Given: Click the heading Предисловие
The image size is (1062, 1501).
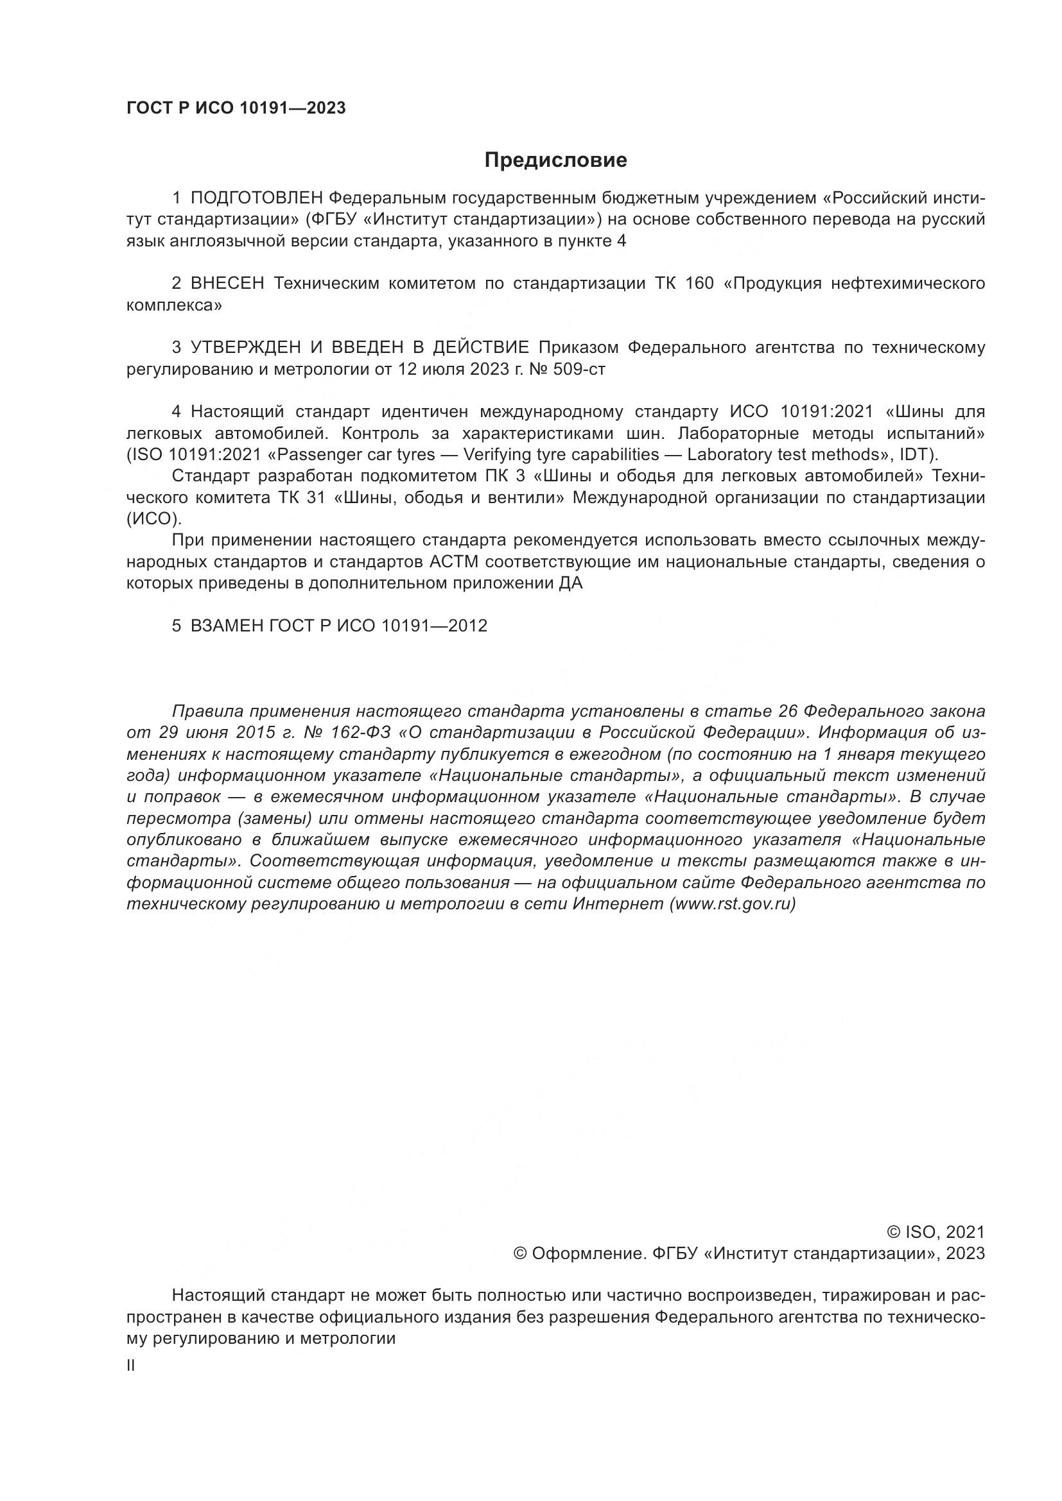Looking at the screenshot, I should point(555,160).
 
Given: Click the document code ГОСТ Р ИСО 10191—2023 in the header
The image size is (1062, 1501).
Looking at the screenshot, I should point(236,108).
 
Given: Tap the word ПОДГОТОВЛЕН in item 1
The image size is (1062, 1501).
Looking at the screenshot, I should point(257,198).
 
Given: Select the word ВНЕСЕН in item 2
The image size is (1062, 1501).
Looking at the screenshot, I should point(227,284).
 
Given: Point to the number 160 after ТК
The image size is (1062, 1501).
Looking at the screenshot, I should point(700,284).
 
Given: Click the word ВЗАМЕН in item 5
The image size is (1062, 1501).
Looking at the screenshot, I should point(226,626).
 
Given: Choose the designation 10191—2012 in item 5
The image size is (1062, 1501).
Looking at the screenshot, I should point(434,626).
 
